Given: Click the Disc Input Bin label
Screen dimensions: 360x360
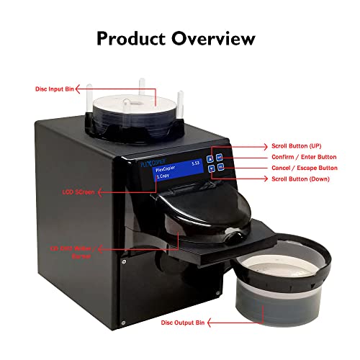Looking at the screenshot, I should click(x=55, y=89).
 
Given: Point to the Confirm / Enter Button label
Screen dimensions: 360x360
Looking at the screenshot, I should click(x=303, y=156).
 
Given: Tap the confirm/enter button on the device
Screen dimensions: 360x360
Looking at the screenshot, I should click(x=220, y=158).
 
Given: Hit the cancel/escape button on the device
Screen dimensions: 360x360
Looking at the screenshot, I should click(x=220, y=167).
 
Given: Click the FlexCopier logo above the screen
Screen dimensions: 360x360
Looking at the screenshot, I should click(x=149, y=163).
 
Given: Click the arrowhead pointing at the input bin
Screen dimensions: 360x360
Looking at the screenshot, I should click(x=84, y=89).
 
